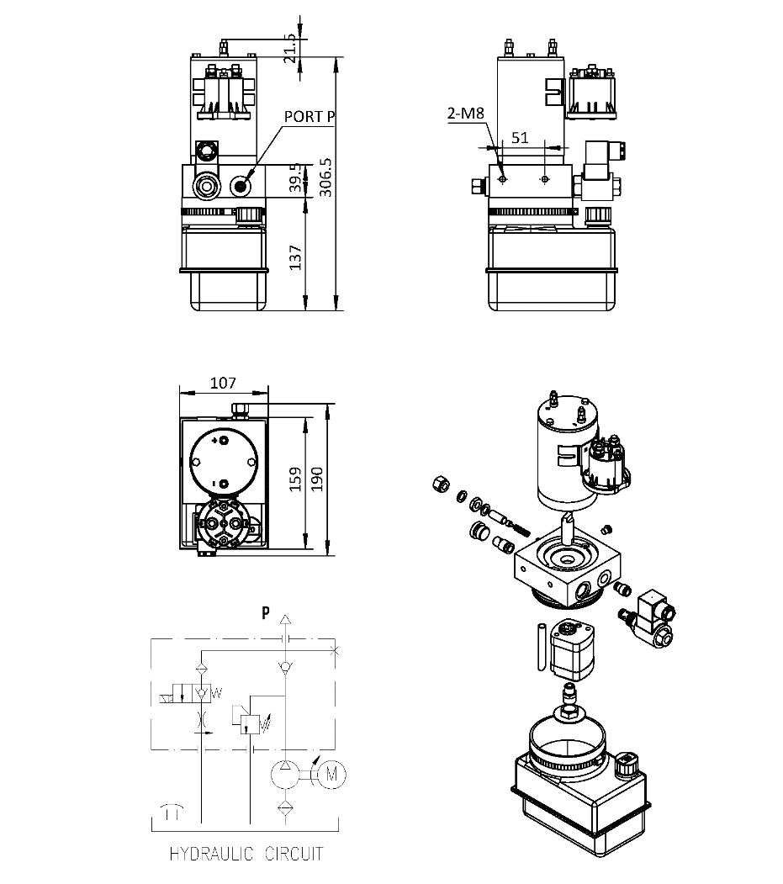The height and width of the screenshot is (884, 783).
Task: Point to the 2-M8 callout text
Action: point(465,113)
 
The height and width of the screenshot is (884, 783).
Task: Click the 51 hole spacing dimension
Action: point(521,138)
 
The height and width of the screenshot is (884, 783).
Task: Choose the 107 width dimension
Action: point(223,383)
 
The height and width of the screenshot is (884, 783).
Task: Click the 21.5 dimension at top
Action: point(290,48)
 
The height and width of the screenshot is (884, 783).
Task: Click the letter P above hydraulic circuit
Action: point(266,613)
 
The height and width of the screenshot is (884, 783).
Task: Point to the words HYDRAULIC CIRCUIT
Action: point(246,855)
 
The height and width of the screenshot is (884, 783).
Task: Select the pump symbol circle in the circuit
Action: point(285,773)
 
